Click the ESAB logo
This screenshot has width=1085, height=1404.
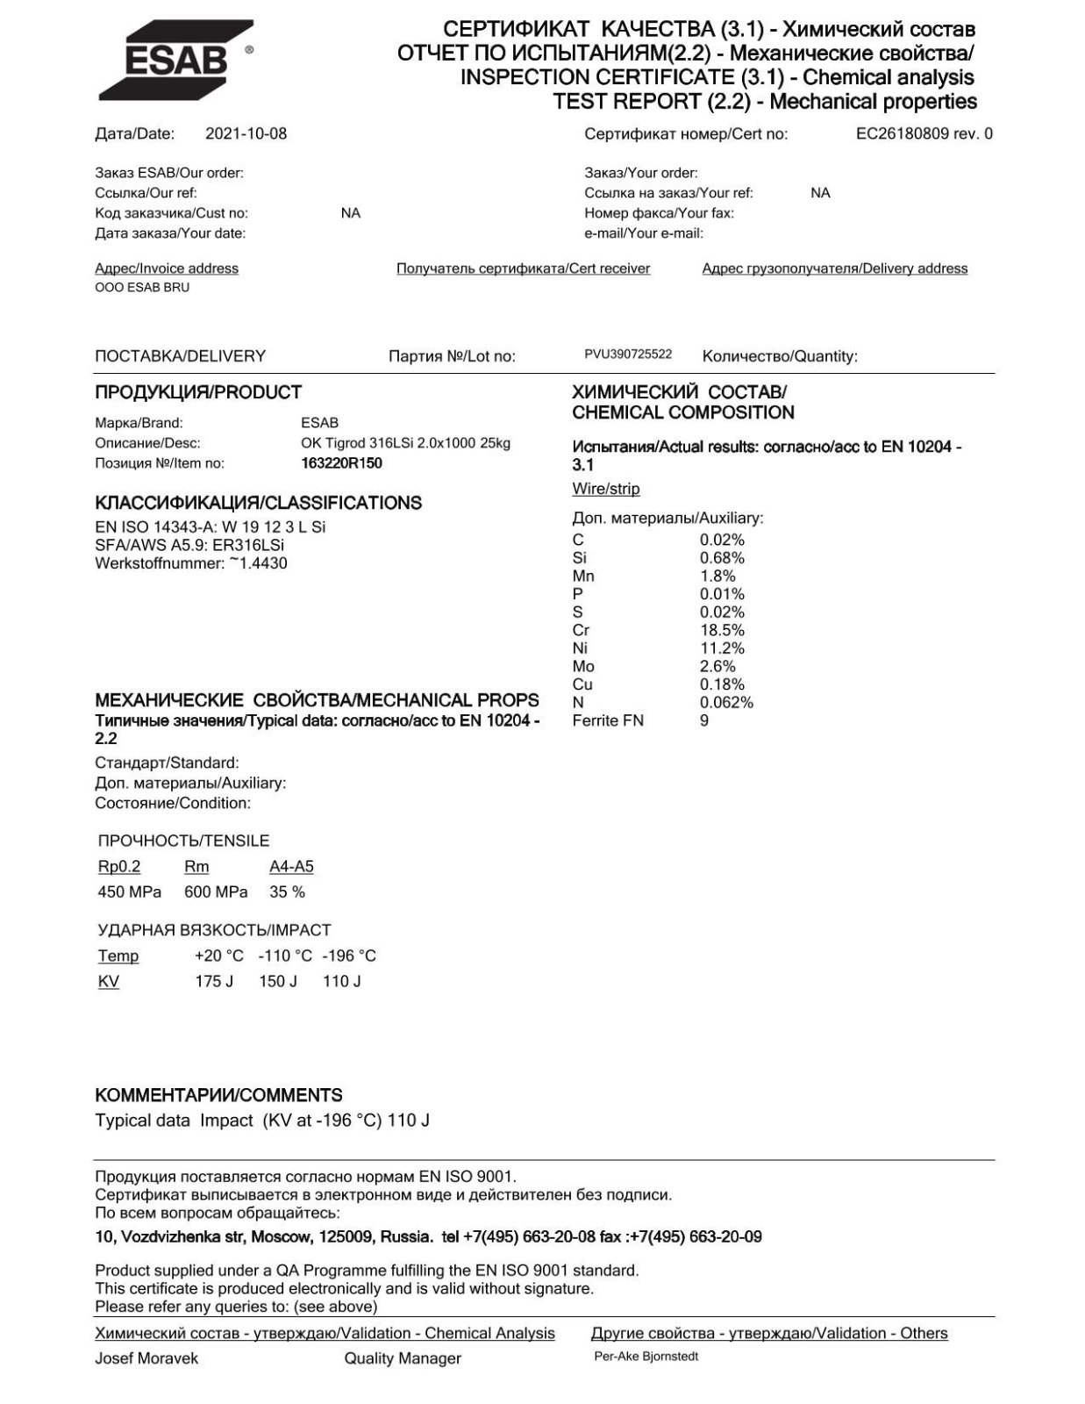click(x=175, y=60)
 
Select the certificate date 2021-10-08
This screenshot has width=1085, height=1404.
click(x=246, y=134)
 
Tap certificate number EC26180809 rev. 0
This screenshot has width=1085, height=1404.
click(x=924, y=134)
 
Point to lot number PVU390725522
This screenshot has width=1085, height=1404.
click(x=628, y=355)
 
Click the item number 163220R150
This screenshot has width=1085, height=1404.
click(x=341, y=463)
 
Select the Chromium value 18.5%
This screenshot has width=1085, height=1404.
click(x=722, y=630)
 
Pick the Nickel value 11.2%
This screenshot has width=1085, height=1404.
click(x=722, y=648)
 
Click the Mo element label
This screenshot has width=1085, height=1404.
click(x=583, y=666)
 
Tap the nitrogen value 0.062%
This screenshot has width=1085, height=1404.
click(x=726, y=702)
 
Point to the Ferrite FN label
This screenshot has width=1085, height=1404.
click(x=608, y=720)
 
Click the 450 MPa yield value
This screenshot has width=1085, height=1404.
click(x=130, y=892)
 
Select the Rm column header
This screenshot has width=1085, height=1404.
click(x=196, y=867)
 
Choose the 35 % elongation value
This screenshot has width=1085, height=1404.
click(x=288, y=892)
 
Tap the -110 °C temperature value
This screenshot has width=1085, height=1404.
click(x=285, y=956)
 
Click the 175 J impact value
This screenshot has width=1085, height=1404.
click(x=214, y=981)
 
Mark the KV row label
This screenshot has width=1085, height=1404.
click(x=109, y=981)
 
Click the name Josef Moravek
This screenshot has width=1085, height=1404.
click(x=146, y=1358)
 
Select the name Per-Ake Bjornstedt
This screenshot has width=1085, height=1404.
click(x=646, y=1357)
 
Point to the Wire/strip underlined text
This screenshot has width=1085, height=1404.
click(x=606, y=489)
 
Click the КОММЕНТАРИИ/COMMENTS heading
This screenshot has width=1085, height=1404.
click(x=218, y=1095)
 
